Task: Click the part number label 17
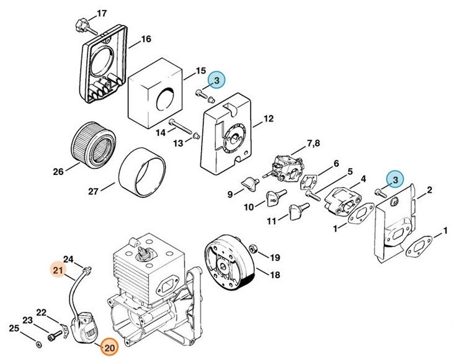pyautogui.click(x=102, y=13)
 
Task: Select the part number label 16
pyautogui.click(x=146, y=39)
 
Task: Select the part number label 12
pyautogui.click(x=268, y=119)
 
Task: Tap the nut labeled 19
pyautogui.click(x=254, y=250)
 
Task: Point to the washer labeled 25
pyautogui.click(x=39, y=343)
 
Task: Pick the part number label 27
pyautogui.click(x=92, y=191)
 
